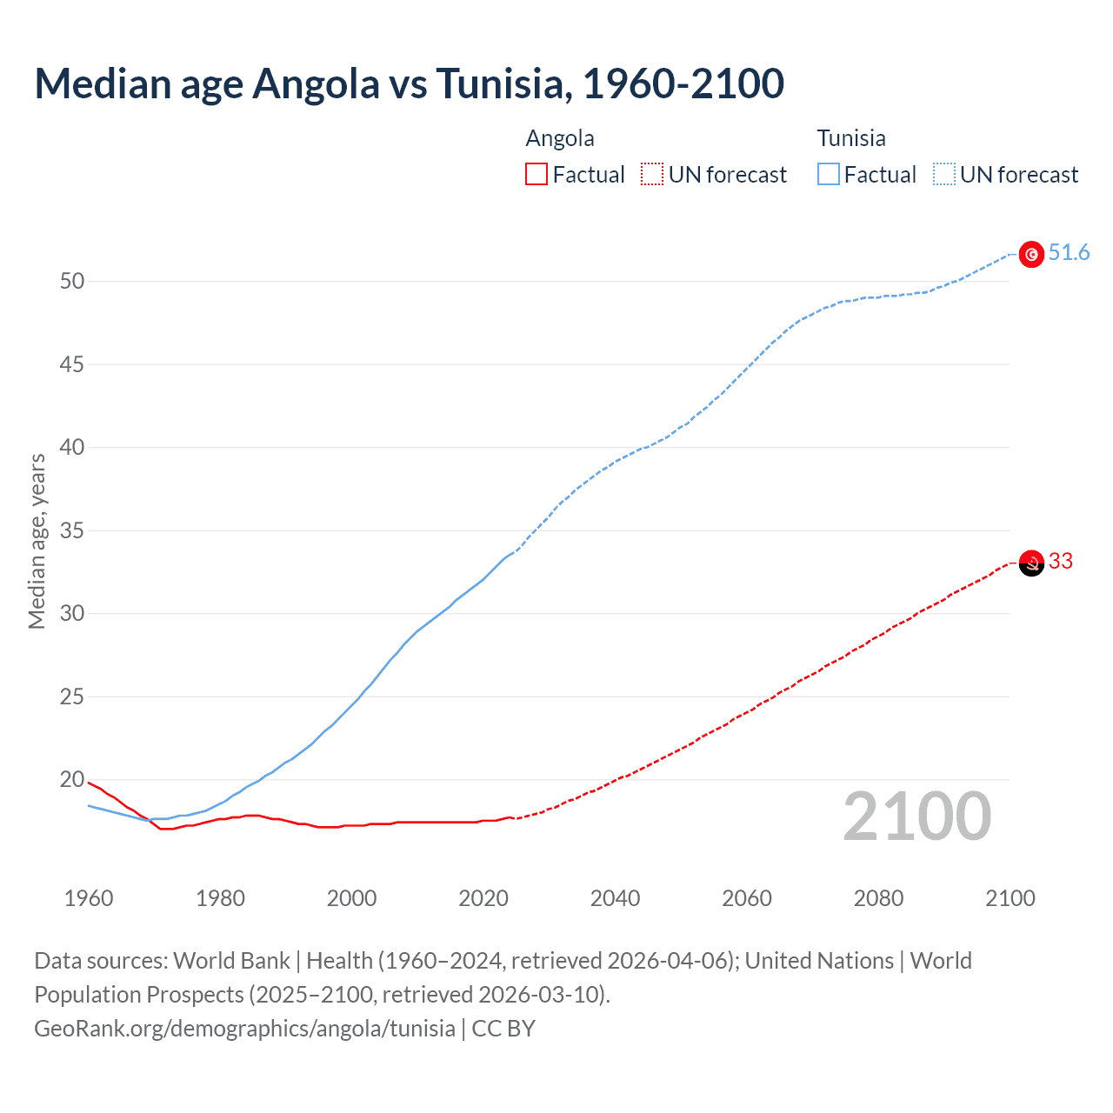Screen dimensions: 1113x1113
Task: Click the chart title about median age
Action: [409, 83]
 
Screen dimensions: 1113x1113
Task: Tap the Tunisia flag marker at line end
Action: [1031, 254]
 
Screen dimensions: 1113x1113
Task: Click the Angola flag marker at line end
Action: [1031, 563]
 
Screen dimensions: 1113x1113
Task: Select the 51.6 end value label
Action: [1069, 253]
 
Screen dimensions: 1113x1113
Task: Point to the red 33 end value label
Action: [1061, 562]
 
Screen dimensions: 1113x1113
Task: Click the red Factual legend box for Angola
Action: [537, 175]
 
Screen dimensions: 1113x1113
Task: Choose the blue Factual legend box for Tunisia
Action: [829, 175]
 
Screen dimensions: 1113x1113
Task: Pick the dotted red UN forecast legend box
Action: [652, 175]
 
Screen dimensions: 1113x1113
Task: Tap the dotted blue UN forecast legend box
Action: [944, 175]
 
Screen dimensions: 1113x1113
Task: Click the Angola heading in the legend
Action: [560, 138]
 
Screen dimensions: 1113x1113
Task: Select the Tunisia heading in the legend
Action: [851, 138]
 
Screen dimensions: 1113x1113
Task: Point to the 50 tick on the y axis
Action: [72, 281]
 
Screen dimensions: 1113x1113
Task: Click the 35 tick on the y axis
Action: [72, 530]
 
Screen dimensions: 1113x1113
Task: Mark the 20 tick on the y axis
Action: [72, 779]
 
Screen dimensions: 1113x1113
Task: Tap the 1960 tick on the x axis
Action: [89, 898]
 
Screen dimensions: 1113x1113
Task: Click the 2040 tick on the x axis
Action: [615, 898]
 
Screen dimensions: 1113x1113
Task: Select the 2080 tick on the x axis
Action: [878, 898]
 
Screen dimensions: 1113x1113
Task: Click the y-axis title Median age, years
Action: [37, 541]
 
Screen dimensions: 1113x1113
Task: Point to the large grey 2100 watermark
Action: [916, 816]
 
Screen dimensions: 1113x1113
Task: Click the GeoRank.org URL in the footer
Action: [244, 1029]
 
